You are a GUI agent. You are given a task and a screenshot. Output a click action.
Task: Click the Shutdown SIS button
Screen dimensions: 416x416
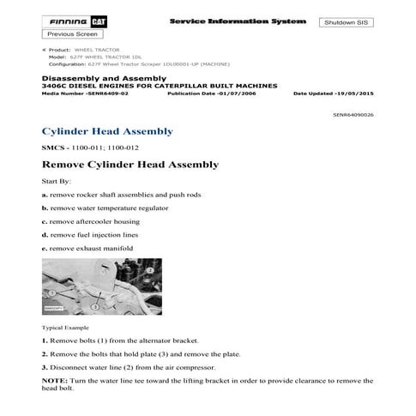click(346, 22)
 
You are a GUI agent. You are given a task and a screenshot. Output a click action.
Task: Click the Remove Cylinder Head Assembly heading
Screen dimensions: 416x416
click(130, 164)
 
